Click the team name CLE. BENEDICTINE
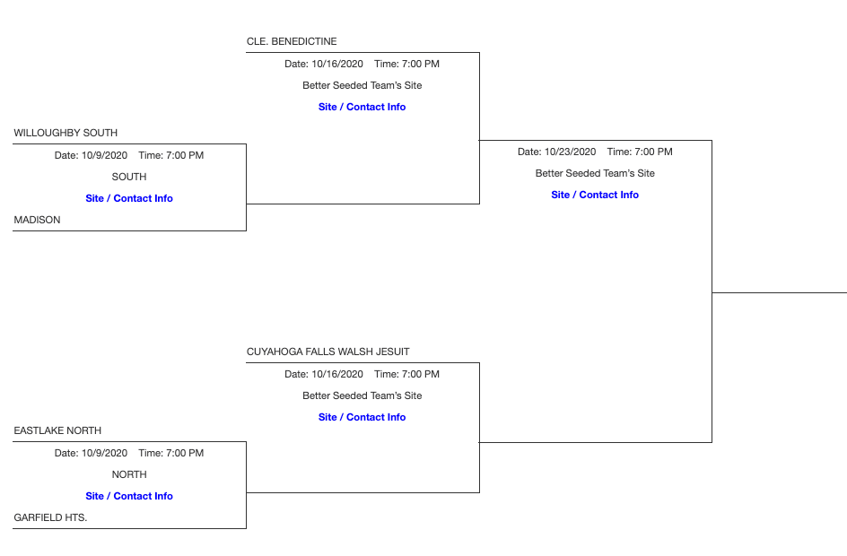(x=292, y=41)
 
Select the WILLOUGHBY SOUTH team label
(x=65, y=133)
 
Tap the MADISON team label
(x=38, y=220)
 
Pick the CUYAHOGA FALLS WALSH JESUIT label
(x=327, y=352)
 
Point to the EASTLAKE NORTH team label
(x=57, y=430)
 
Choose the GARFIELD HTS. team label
(x=50, y=517)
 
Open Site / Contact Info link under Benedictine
(x=362, y=107)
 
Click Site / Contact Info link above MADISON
(x=129, y=198)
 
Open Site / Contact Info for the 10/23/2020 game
(x=595, y=195)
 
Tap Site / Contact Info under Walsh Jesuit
(x=362, y=417)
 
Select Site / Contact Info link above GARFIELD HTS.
(x=129, y=496)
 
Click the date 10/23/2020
(x=570, y=152)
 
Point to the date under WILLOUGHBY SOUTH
(x=104, y=155)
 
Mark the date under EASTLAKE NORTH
(x=104, y=453)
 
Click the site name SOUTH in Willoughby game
(x=129, y=177)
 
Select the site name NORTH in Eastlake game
(x=129, y=474)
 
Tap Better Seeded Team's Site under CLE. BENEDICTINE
(x=362, y=85)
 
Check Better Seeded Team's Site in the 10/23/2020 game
(x=595, y=173)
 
